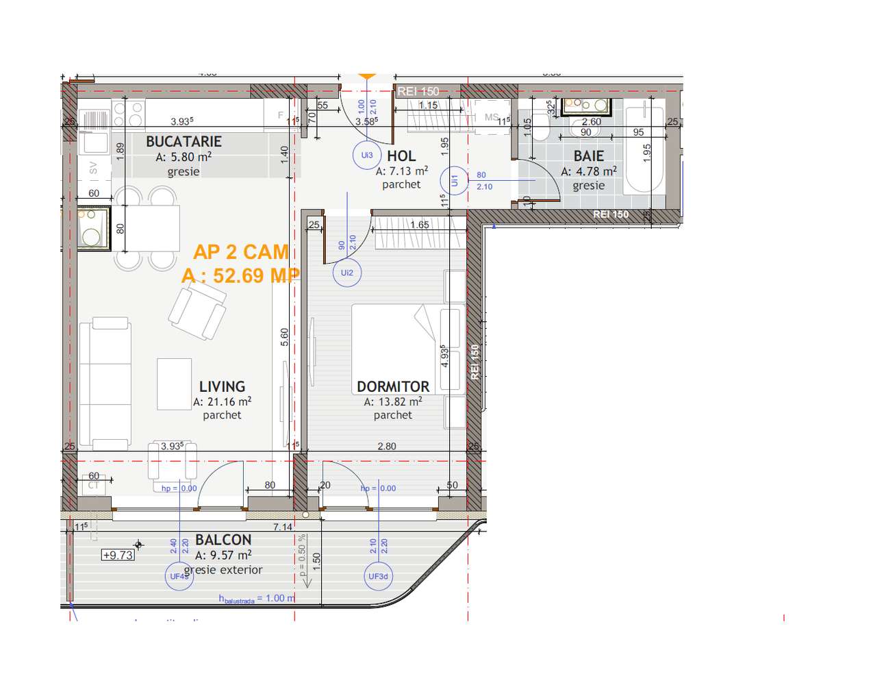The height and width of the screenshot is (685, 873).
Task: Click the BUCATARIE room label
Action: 184,142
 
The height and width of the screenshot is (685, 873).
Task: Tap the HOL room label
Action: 401,156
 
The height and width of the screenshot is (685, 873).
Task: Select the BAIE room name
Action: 588,157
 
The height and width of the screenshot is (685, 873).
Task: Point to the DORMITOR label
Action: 393,387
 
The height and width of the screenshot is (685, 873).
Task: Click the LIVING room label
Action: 222,387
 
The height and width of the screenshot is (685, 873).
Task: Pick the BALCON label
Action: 223,540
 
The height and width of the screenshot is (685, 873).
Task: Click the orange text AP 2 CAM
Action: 241,252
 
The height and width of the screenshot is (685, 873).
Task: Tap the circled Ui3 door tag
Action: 367,155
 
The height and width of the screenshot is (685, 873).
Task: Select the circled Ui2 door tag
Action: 347,273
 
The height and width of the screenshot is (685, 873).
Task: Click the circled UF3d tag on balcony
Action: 378,577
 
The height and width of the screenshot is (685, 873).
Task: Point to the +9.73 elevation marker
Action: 118,556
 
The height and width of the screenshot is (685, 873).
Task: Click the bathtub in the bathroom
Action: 644,149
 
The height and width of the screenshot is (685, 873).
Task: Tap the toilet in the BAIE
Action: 541,127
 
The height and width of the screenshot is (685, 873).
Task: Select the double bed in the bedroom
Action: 393,349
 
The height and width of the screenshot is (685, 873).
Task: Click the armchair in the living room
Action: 198,312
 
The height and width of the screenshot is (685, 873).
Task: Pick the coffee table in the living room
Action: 174,384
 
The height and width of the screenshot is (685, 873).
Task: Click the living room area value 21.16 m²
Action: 222,402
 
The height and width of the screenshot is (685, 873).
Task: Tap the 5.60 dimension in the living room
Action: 285,337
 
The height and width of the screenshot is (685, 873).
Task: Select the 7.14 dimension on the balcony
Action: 283,527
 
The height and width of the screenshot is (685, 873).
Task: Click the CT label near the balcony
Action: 94,486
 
